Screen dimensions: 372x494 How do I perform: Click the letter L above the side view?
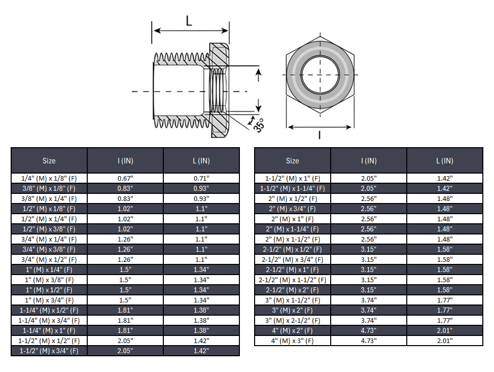189,21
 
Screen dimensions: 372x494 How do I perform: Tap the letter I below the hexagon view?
319,134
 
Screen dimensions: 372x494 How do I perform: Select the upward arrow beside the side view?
258,76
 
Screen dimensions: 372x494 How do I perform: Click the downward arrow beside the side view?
258,105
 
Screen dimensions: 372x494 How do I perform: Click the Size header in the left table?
49,161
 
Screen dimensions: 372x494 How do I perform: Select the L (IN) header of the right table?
445,161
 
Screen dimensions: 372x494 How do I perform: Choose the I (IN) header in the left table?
125,161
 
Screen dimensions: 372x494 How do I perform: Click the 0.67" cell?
125,179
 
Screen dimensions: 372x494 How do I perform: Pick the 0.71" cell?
201,179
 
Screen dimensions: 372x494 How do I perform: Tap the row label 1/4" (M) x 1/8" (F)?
49,179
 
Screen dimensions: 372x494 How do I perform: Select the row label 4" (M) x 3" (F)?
293,341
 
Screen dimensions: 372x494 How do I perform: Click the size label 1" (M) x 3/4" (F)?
49,300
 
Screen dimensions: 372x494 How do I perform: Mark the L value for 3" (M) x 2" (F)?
445,311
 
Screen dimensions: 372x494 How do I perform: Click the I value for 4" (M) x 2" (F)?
369,331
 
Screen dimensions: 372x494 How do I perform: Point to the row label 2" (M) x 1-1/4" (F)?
293,229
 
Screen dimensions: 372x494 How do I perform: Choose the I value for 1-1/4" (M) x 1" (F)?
125,331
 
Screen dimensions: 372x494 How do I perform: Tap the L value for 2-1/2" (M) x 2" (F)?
445,290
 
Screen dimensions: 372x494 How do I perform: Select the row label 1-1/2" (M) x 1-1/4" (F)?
293,189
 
